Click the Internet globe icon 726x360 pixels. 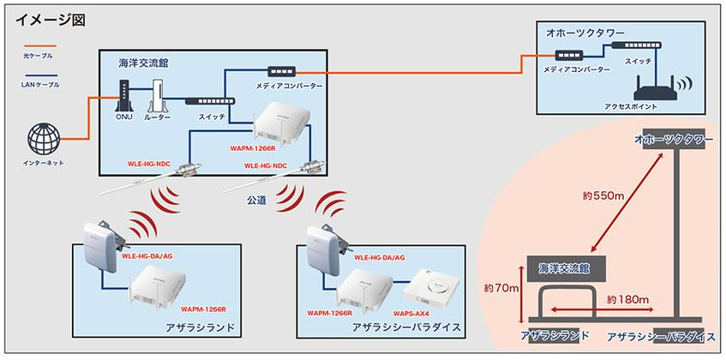pos(44,139)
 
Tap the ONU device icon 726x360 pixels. pos(123,95)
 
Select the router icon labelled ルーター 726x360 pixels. pos(158,95)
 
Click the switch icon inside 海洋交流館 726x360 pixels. pos(210,101)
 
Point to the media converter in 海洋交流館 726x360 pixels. pos(281,72)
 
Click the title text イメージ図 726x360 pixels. pos(51,20)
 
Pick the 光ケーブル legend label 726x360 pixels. pos(38,56)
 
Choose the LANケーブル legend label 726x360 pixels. pos(40,85)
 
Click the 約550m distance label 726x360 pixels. pos(603,195)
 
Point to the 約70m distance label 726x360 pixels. pos(501,289)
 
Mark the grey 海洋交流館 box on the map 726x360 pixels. pos(566,268)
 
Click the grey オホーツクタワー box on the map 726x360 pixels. pos(670,139)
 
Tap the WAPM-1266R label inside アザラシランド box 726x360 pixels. pos(206,309)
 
